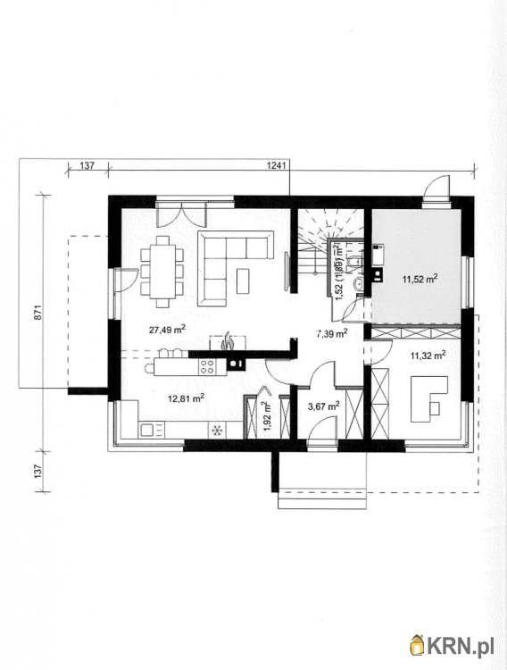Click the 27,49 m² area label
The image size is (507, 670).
[x=167, y=329]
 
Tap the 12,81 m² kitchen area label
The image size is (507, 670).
[x=186, y=398]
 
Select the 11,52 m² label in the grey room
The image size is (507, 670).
[x=420, y=279]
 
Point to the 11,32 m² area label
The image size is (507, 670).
[x=428, y=355]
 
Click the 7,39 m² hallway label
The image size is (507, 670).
[x=331, y=333]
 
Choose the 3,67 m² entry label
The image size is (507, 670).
[x=324, y=406]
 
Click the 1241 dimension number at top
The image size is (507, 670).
[x=277, y=165]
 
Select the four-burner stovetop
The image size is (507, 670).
[x=208, y=367]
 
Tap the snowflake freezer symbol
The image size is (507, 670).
[x=217, y=431]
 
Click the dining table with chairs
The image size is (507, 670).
[x=162, y=272]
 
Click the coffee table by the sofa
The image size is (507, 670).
[x=244, y=281]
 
